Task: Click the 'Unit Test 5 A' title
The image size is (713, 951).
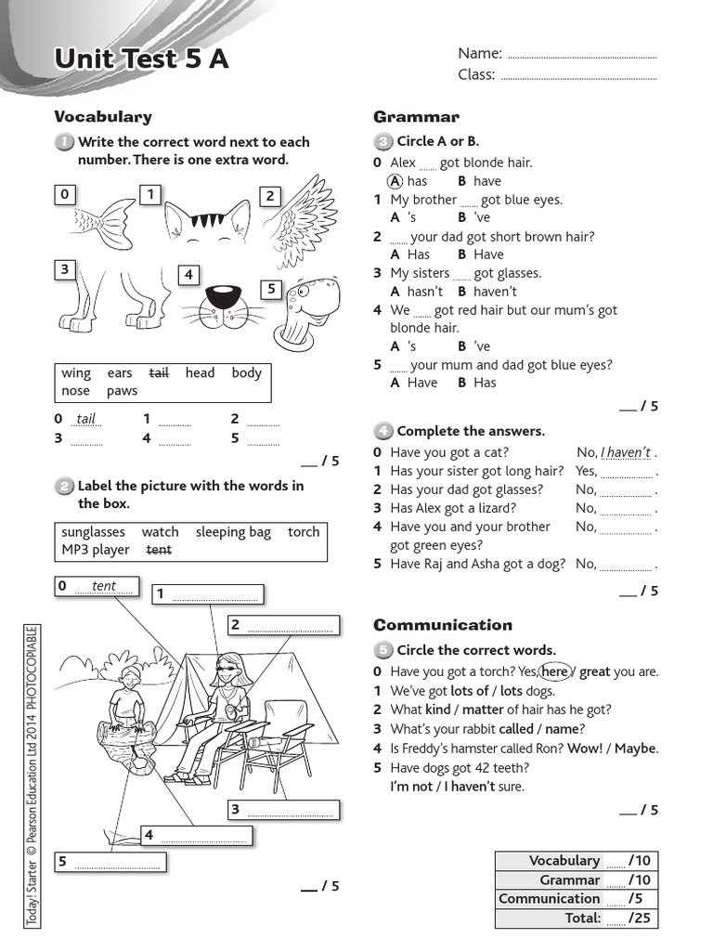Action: [141, 59]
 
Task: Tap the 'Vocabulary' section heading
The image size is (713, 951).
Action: [103, 117]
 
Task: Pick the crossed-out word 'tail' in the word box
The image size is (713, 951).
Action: [159, 373]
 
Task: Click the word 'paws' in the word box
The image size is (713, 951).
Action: [122, 391]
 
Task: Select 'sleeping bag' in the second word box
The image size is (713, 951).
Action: [233, 532]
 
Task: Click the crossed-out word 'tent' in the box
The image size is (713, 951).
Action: [159, 550]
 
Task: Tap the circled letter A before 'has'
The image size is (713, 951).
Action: [394, 181]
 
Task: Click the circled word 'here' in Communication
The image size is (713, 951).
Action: [554, 671]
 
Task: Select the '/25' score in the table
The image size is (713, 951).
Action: [640, 918]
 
